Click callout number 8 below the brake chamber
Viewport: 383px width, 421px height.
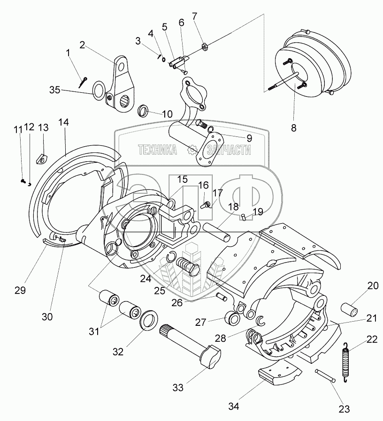coord(293,127)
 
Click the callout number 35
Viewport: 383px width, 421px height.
coord(55,90)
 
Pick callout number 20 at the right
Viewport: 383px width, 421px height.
coord(373,286)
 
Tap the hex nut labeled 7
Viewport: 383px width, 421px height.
coord(205,46)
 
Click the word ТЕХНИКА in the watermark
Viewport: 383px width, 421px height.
coord(157,150)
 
